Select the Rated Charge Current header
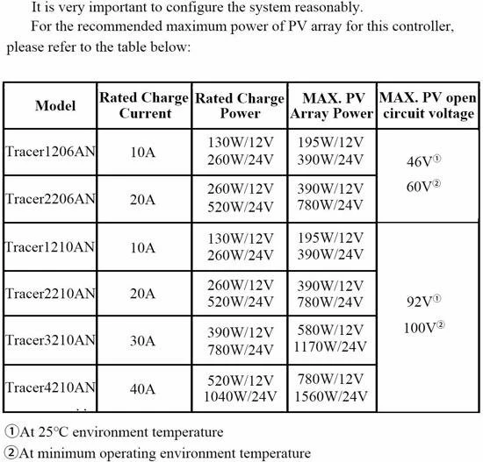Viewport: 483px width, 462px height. pos(142,105)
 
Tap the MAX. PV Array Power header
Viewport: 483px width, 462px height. pos(331,105)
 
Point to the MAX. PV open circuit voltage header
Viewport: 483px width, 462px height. pos(428,105)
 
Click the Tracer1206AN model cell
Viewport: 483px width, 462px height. pos(49,151)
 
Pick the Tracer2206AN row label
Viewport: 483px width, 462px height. pos(49,198)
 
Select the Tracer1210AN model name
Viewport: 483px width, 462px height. pos(49,246)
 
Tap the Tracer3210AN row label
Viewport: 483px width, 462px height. pos(49,340)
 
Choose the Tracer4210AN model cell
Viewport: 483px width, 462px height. pos(49,387)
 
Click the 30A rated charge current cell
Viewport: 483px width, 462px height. pos(142,342)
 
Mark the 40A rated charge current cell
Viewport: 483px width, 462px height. pos(142,388)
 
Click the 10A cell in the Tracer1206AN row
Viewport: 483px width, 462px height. pos(142,152)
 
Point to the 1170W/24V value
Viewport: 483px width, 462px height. pos(331,350)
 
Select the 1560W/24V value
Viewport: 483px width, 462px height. pos(331,396)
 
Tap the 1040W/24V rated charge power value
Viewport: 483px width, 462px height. pos(240,396)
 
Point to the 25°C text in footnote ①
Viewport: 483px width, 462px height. pos(51,432)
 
